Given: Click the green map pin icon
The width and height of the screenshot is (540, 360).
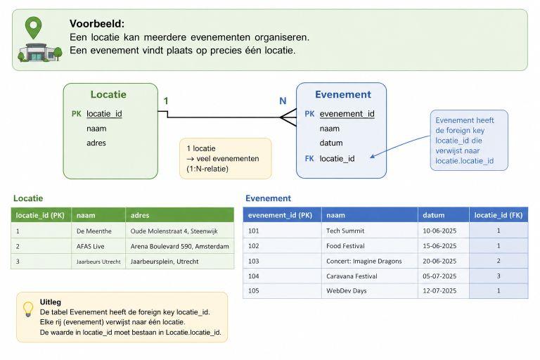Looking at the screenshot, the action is [34, 27].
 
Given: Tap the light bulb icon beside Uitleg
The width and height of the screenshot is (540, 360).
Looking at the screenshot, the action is [28, 309].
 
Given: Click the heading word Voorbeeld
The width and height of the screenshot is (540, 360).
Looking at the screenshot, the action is [97, 23].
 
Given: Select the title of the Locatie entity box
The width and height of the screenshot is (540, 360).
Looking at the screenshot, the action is [108, 94].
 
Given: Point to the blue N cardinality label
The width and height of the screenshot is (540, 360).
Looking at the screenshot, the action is [283, 101].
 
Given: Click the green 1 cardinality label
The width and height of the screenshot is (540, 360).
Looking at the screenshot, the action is [166, 101].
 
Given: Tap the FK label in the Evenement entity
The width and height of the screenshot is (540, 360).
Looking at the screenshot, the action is [309, 158].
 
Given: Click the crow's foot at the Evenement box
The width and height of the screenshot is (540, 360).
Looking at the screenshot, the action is [288, 117].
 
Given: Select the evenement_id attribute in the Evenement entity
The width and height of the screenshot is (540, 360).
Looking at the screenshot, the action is [347, 114].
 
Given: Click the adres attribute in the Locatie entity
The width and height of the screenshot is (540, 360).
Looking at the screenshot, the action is [96, 143].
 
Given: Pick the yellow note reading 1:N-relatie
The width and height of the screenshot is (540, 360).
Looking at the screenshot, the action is [226, 158].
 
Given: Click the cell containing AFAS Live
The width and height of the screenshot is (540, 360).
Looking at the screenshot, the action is [98, 246].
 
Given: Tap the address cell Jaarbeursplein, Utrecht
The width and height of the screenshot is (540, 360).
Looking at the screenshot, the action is [179, 262].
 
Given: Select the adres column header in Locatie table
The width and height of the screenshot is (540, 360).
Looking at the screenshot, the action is [179, 215].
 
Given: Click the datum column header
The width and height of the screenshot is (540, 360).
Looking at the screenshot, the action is [444, 215].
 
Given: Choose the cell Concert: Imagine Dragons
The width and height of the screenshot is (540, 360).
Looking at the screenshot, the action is [370, 261].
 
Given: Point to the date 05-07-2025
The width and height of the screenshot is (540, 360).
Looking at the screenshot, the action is [439, 276].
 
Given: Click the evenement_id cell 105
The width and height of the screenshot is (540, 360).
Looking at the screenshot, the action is [282, 291].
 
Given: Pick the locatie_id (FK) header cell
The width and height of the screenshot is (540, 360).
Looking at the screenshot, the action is [499, 215].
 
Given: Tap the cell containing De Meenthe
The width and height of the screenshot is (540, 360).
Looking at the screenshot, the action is [98, 231].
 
